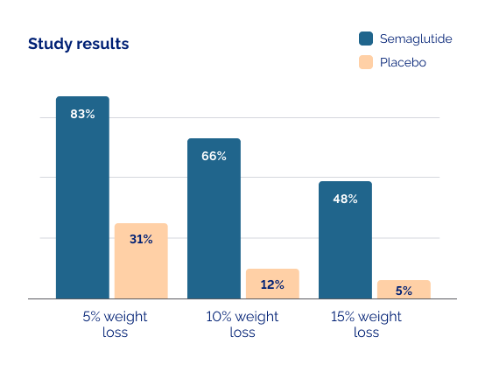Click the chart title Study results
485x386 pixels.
coord(78,44)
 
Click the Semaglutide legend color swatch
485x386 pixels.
coord(366,39)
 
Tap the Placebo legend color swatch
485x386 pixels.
coord(366,62)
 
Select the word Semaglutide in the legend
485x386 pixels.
coord(416,39)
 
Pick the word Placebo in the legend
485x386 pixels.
coord(403,62)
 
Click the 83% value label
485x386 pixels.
coord(82,114)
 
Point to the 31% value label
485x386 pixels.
coord(141,238)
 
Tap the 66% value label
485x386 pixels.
coord(214,156)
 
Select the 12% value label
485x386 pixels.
coord(272,284)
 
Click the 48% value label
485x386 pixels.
coord(345,199)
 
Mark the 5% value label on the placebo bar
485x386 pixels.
coord(404,291)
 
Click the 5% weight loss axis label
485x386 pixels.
coord(114,324)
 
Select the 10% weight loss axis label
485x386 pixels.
coord(242,324)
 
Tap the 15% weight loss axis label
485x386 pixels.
coord(366,324)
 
